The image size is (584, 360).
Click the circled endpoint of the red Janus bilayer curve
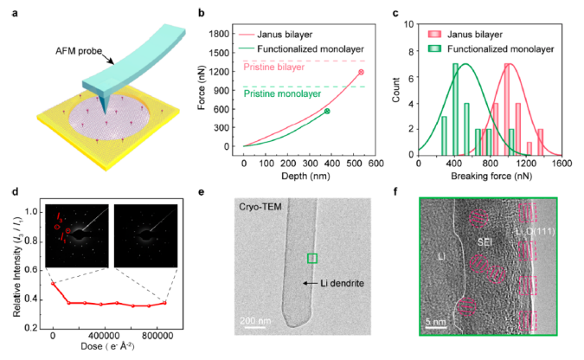click(x=362, y=73)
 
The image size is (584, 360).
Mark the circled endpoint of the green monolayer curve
click(x=327, y=111)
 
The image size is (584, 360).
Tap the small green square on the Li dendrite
click(x=312, y=258)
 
